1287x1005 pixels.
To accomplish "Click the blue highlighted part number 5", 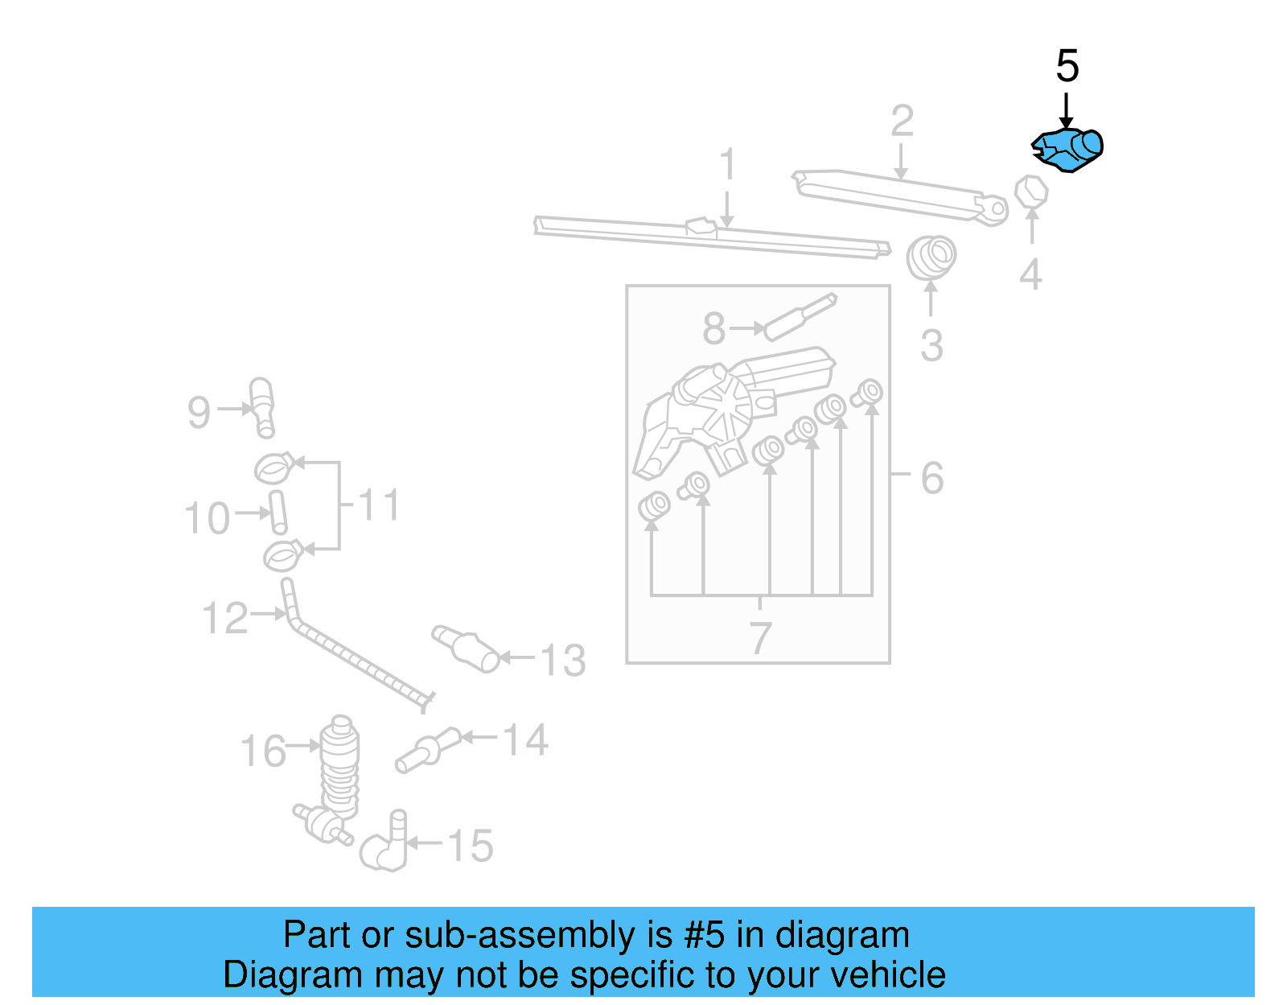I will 1068,150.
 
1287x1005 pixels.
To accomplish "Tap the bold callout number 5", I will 1067,66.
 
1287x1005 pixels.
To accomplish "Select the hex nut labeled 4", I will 1031,192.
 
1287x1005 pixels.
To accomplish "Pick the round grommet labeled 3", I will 931,257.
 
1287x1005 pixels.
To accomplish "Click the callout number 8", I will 714,328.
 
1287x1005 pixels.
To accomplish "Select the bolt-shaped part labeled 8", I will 800,318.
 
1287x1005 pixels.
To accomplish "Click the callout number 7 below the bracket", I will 760,638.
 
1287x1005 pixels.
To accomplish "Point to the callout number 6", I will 931,478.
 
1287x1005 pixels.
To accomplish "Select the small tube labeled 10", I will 278,513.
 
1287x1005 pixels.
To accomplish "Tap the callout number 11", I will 378,505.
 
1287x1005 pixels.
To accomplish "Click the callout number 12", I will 225,618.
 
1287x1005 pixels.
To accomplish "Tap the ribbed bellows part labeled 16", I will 340,764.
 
